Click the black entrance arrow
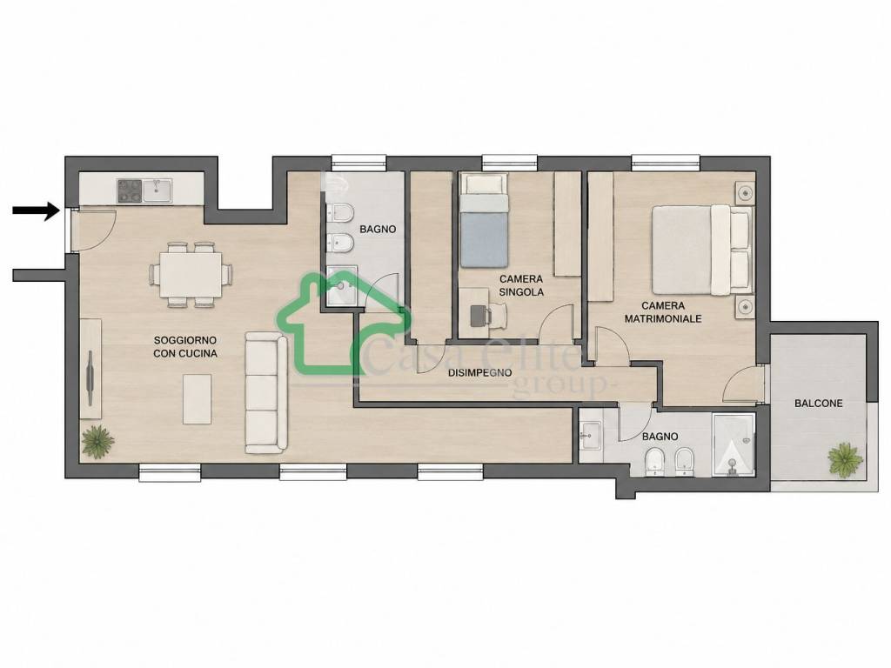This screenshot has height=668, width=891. [36, 210]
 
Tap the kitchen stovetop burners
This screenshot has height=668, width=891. [129, 190]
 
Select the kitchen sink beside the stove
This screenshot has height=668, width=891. [157, 190]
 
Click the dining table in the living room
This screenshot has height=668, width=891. [191, 275]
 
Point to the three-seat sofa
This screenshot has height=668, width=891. [266, 393]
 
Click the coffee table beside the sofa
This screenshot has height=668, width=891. [198, 398]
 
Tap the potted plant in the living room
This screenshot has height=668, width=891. [97, 441]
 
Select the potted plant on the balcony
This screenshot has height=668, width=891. [846, 459]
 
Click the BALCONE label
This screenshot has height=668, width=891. [818, 404]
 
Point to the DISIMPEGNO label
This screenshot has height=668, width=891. [479, 373]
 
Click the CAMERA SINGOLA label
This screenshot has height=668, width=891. [521, 285]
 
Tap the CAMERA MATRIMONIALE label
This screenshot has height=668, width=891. [663, 312]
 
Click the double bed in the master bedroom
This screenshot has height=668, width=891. [702, 250]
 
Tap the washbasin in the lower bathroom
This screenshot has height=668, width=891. [592, 436]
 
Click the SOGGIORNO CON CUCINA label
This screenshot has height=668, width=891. [185, 346]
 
